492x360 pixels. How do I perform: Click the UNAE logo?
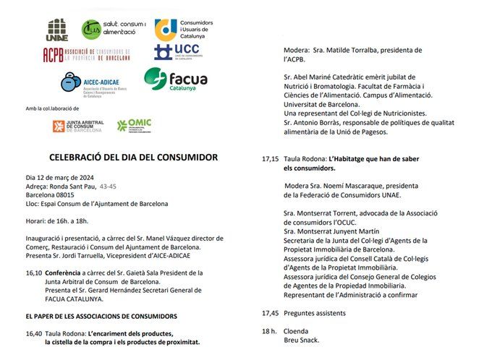pos(56,31)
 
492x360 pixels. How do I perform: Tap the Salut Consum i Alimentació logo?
pos(112,30)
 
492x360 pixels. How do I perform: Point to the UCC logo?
pos(177,52)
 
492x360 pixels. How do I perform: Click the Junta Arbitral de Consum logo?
pos(77,126)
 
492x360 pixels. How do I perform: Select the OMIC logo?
pos(134,125)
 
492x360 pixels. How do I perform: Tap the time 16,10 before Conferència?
pos(33,273)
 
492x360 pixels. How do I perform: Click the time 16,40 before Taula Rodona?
pos(33,333)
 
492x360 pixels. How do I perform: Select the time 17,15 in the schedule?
pos(270,158)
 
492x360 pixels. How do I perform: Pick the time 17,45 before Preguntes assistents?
pos(270,313)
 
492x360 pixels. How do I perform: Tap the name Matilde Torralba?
pos(340,51)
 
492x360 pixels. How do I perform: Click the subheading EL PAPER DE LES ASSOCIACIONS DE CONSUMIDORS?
pos(101,316)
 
